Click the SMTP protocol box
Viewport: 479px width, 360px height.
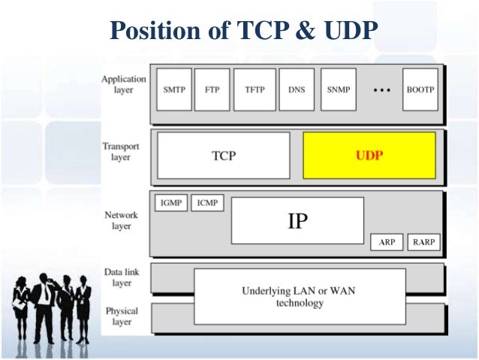pyautogui.click(x=174, y=89)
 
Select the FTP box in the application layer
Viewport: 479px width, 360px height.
pyautogui.click(x=212, y=89)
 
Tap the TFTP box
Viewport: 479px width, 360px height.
pyautogui.click(x=255, y=89)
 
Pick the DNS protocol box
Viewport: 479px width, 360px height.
pyautogui.click(x=297, y=89)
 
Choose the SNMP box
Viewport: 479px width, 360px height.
pyautogui.click(x=339, y=89)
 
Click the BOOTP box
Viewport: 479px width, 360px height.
pyautogui.click(x=420, y=89)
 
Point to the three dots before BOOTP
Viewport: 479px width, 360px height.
pyautogui.click(x=382, y=89)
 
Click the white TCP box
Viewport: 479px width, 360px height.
pyautogui.click(x=223, y=156)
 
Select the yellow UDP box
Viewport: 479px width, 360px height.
pyautogui.click(x=369, y=156)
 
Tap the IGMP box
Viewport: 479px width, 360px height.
pyautogui.click(x=171, y=203)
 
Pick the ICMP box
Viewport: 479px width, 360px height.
pyautogui.click(x=207, y=203)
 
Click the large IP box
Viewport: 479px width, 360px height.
pyautogui.click(x=297, y=220)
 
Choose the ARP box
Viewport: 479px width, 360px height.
pyautogui.click(x=387, y=243)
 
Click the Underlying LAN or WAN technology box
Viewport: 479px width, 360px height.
pyautogui.click(x=300, y=297)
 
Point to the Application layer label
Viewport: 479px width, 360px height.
pyautogui.click(x=125, y=83)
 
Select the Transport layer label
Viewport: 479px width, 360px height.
pyautogui.click(x=121, y=152)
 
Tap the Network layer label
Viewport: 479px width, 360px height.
pyautogui.click(x=121, y=220)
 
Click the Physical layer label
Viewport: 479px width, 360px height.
pyautogui.click(x=122, y=316)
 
